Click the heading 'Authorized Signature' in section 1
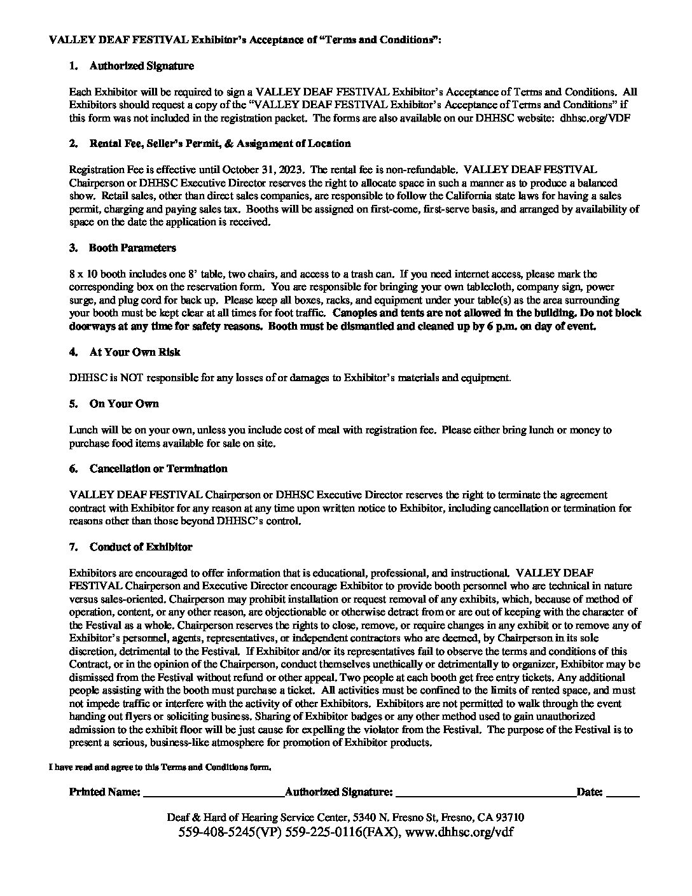click(141, 66)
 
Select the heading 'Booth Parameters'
click(132, 248)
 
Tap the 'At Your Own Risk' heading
click(135, 352)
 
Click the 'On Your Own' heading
click(124, 403)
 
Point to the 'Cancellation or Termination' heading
click(158, 468)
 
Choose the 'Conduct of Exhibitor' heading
click(141, 547)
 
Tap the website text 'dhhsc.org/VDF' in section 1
click(595, 117)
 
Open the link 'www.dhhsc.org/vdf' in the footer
click(458, 832)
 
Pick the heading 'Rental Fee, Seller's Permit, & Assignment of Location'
click(219, 143)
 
